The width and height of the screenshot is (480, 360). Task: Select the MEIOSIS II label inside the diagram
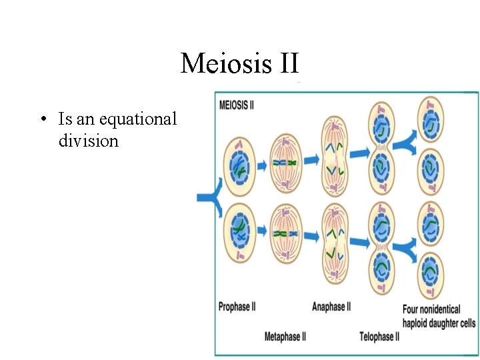click(x=241, y=105)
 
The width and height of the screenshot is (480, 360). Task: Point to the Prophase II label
click(x=237, y=307)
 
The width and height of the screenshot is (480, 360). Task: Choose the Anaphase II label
click(x=331, y=307)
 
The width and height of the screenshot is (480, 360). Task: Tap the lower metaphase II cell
click(x=285, y=233)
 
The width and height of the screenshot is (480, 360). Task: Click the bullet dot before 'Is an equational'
click(x=42, y=120)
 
